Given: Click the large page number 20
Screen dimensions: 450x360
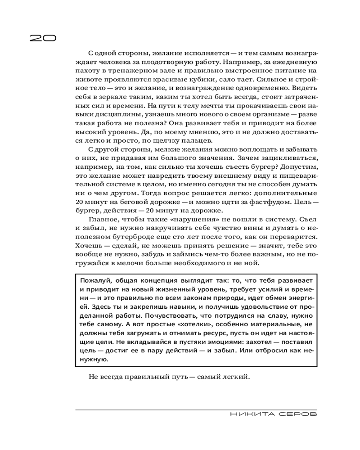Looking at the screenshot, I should coord(43,38).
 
